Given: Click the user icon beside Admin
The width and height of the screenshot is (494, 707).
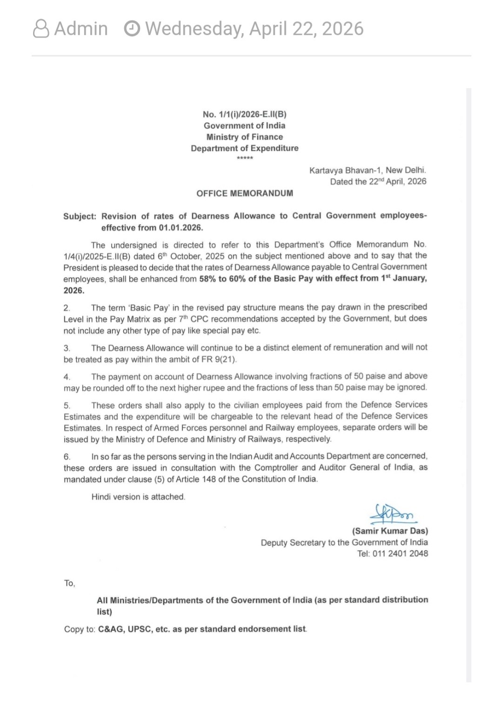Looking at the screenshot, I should (41, 29).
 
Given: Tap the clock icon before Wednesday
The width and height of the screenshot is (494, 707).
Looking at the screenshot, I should (132, 29).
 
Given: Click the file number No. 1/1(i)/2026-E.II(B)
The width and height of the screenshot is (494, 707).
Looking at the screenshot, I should (245, 114).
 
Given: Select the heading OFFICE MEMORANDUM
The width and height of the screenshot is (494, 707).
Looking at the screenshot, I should (245, 193).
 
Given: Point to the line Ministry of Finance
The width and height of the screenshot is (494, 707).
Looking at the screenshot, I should (245, 137).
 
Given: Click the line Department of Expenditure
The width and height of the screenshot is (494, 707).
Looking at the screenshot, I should (245, 148).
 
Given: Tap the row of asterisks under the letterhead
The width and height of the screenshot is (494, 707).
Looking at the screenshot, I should (245, 158).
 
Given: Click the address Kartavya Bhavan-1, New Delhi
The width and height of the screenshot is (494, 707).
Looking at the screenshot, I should (367, 170).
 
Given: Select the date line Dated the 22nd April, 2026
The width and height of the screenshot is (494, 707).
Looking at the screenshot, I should (378, 182).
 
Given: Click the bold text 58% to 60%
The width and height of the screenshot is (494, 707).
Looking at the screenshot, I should (223, 279).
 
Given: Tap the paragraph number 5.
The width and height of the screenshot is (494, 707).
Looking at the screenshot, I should (67, 405).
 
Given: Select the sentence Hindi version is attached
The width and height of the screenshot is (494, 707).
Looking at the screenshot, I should (138, 497).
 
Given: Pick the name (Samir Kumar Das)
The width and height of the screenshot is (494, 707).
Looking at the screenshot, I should (390, 531).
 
